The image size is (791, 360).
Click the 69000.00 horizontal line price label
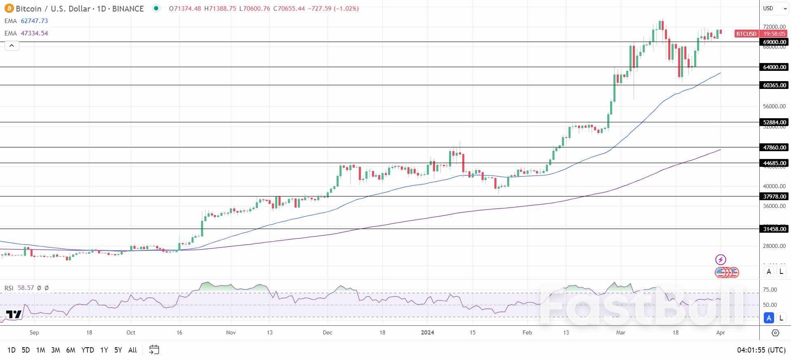pyautogui.click(x=774, y=42)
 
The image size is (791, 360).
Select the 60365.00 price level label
pyautogui.click(x=774, y=85)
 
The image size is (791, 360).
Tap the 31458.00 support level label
pyautogui.click(x=774, y=229)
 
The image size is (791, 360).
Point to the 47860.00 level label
pyautogui.click(x=774, y=147)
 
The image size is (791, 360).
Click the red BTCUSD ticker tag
pyautogui.click(x=746, y=34)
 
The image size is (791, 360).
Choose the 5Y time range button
pyautogui.click(x=118, y=350)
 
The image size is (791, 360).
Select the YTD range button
pyautogui.click(x=87, y=350)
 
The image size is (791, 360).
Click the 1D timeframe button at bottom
pyautogui.click(x=12, y=350)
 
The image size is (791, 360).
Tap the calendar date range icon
pyautogui.click(x=154, y=350)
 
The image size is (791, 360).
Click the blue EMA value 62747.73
pyautogui.click(x=34, y=21)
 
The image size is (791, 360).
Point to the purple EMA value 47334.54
pyautogui.click(x=34, y=33)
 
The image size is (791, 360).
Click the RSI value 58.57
pyautogui.click(x=26, y=288)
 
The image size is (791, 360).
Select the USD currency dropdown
pyautogui.click(x=774, y=8)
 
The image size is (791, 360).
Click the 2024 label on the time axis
pyautogui.click(x=427, y=332)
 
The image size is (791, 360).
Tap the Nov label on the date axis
pyautogui.click(x=231, y=332)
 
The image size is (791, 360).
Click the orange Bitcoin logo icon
pyautogui.click(x=9, y=9)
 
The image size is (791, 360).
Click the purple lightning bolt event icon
pyautogui.click(x=721, y=259)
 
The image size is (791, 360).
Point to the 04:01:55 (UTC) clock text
pyautogui.click(x=761, y=350)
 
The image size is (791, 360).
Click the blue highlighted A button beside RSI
pyautogui.click(x=769, y=318)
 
